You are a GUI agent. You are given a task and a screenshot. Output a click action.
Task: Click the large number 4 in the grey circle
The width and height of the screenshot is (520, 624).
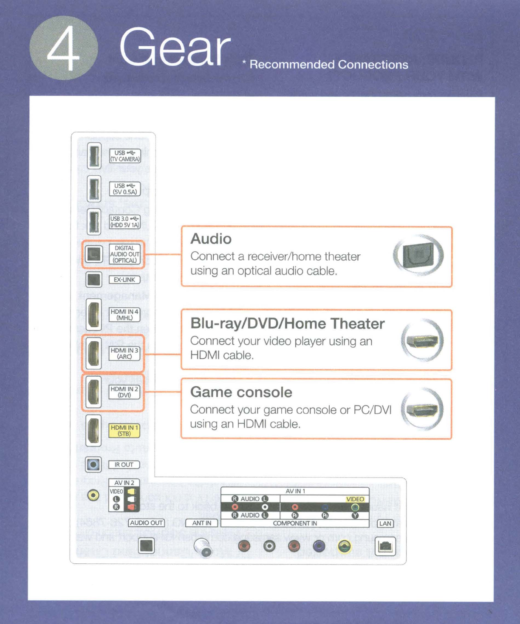64,48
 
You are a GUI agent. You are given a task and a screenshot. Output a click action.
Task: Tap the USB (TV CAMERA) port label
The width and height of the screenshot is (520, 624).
125,156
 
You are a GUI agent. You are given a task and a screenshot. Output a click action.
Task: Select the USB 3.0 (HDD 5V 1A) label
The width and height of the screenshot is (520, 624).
125,222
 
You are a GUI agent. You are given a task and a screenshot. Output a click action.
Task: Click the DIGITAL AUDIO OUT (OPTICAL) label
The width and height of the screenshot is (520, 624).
124,254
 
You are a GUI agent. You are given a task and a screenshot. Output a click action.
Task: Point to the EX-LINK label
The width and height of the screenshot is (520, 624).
124,280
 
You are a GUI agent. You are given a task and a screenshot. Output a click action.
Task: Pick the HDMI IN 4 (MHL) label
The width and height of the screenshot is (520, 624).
124,315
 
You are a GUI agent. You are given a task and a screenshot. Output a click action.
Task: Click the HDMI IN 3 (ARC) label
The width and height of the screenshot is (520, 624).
124,353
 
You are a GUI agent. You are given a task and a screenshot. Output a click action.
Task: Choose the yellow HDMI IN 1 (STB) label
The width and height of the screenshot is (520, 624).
124,430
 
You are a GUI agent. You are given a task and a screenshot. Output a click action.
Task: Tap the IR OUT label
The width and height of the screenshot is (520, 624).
124,465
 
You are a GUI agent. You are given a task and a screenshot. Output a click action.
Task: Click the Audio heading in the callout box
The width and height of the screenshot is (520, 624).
211,239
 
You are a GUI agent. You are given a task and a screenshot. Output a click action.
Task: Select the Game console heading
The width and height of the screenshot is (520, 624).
241,392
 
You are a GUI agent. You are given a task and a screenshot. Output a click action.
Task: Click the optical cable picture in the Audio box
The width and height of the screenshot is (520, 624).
418,255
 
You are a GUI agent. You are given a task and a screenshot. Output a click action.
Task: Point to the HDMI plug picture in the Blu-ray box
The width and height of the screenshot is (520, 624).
422,341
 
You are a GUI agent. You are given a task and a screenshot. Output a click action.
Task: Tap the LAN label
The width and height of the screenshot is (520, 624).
385,523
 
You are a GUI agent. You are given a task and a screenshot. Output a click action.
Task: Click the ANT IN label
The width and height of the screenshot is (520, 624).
201,523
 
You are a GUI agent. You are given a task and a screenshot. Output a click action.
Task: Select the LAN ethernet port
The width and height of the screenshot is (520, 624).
385,546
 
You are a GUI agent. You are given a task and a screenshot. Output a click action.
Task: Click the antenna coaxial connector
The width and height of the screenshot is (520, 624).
202,547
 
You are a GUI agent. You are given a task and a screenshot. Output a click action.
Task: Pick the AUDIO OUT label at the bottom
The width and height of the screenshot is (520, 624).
146,523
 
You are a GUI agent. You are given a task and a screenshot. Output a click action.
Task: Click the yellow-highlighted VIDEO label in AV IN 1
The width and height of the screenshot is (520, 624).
355,499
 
